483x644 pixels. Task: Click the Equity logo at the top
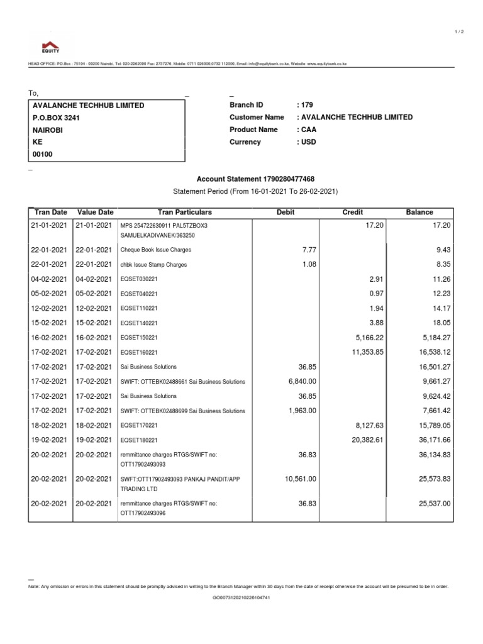[50, 46]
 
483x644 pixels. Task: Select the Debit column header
[286, 213]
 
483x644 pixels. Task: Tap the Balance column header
[419, 213]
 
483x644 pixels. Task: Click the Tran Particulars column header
[184, 213]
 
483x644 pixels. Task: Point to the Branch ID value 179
[307, 105]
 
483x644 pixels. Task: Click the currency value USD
[309, 142]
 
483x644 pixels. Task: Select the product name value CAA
[309, 130]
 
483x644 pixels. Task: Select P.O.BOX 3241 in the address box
[56, 118]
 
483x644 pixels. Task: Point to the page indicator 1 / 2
[458, 32]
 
